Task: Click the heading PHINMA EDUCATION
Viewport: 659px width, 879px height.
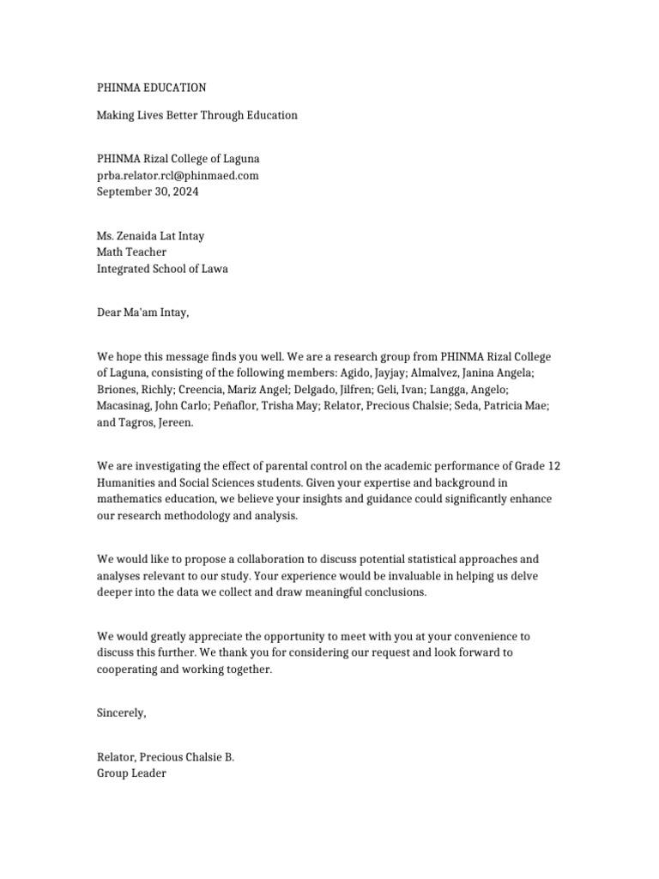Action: [151, 88]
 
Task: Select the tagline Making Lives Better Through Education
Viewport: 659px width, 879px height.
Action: [196, 115]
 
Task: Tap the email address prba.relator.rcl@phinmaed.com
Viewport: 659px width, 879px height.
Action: [178, 175]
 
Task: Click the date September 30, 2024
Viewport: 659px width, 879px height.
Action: [147, 191]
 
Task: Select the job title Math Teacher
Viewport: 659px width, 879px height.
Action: [131, 252]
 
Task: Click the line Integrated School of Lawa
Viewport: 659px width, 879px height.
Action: [162, 269]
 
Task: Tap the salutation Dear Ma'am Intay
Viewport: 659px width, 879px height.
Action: [142, 312]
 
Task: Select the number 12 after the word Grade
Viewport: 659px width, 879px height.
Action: [553, 466]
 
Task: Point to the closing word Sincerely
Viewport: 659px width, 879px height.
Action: [121, 713]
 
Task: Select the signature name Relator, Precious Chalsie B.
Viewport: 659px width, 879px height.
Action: [165, 757]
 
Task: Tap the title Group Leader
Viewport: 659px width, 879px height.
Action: [131, 773]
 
